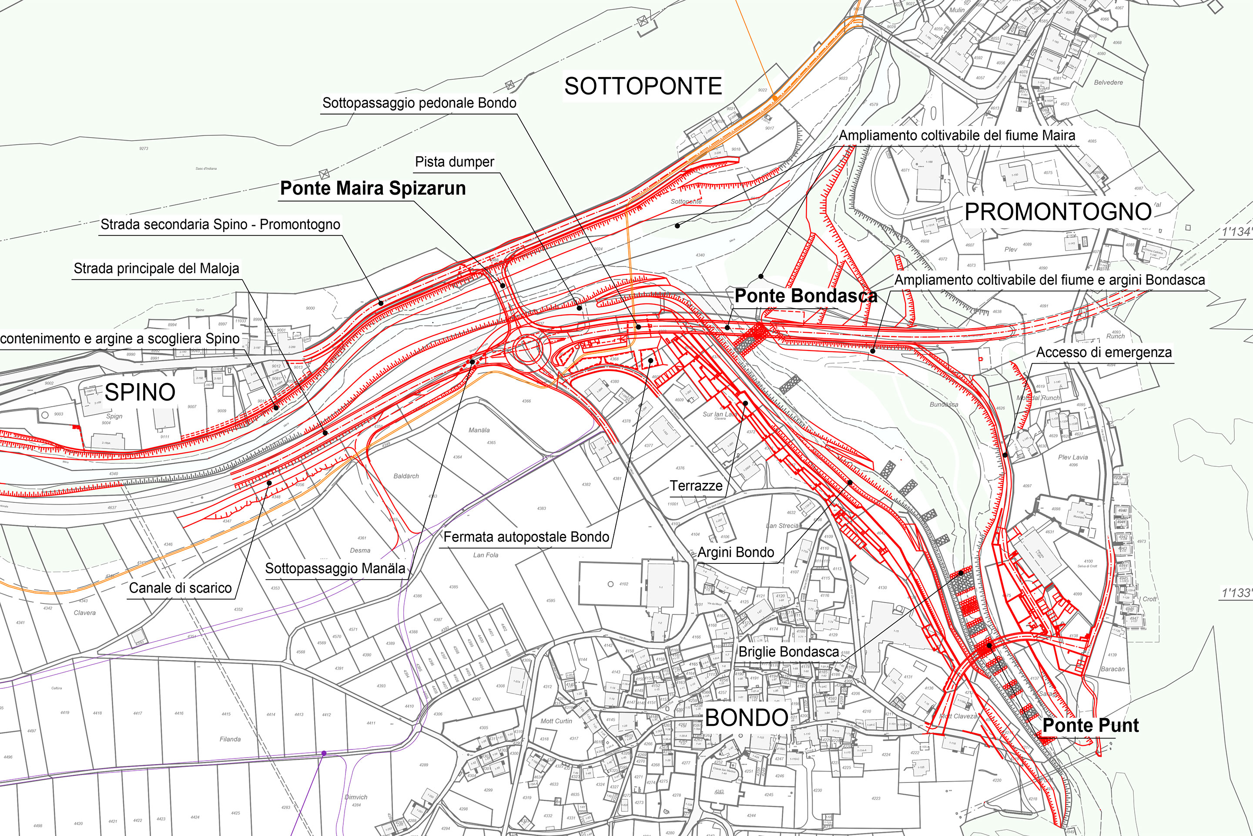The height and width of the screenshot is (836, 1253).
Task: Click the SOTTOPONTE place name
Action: (643, 86)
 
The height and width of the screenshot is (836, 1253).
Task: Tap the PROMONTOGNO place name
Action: (1058, 212)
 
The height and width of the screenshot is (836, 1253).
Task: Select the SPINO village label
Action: (140, 392)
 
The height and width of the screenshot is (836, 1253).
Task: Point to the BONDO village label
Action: (747, 718)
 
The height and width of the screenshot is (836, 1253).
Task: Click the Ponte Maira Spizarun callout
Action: (373, 188)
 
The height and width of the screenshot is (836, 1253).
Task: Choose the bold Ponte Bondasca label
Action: (805, 295)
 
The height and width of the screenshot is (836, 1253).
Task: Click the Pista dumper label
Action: (454, 162)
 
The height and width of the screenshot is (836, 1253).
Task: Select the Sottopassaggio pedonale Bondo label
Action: (419, 103)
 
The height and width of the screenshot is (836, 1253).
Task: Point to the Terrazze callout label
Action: (696, 486)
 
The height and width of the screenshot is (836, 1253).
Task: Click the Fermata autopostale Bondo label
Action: (526, 537)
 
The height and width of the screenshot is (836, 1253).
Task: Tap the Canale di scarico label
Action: (180, 588)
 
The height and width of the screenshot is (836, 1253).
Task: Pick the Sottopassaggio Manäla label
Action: (335, 568)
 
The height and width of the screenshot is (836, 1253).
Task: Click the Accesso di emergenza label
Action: (1104, 352)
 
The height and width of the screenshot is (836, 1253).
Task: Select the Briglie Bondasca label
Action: (788, 651)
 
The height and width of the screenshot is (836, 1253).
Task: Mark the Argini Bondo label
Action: (736, 553)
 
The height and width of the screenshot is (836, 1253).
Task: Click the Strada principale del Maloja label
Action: (156, 268)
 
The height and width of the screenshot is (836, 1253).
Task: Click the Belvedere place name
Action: (1108, 83)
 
